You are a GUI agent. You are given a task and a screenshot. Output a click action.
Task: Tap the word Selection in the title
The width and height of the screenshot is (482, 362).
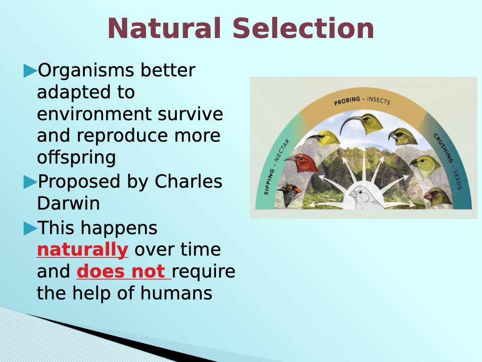[303, 28]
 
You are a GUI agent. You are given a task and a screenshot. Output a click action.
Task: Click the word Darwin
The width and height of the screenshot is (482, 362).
[68, 203]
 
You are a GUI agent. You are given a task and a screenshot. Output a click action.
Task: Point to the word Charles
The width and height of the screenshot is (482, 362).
[188, 181]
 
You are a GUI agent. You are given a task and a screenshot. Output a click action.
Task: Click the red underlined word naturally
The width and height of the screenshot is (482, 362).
[83, 249]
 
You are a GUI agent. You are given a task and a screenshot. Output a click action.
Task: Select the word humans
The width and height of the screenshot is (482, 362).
[176, 293]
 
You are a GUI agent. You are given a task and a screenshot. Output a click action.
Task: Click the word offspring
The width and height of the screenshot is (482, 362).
[76, 158]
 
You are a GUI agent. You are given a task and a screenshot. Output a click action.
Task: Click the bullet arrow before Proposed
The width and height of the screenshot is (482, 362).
[30, 182]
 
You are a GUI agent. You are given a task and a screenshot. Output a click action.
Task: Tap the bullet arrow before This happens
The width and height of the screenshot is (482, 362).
[30, 229]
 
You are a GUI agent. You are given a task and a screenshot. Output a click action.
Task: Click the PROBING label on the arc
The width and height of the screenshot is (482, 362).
[347, 101]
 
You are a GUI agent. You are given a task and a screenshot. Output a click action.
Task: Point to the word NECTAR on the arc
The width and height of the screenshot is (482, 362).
[282, 150]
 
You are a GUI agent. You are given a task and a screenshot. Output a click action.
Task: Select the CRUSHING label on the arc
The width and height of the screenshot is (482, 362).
[444, 148]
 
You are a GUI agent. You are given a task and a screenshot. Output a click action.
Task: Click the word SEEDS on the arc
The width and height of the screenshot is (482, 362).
[457, 180]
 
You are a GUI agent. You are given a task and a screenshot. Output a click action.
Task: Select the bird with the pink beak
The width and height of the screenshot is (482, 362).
[438, 198]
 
